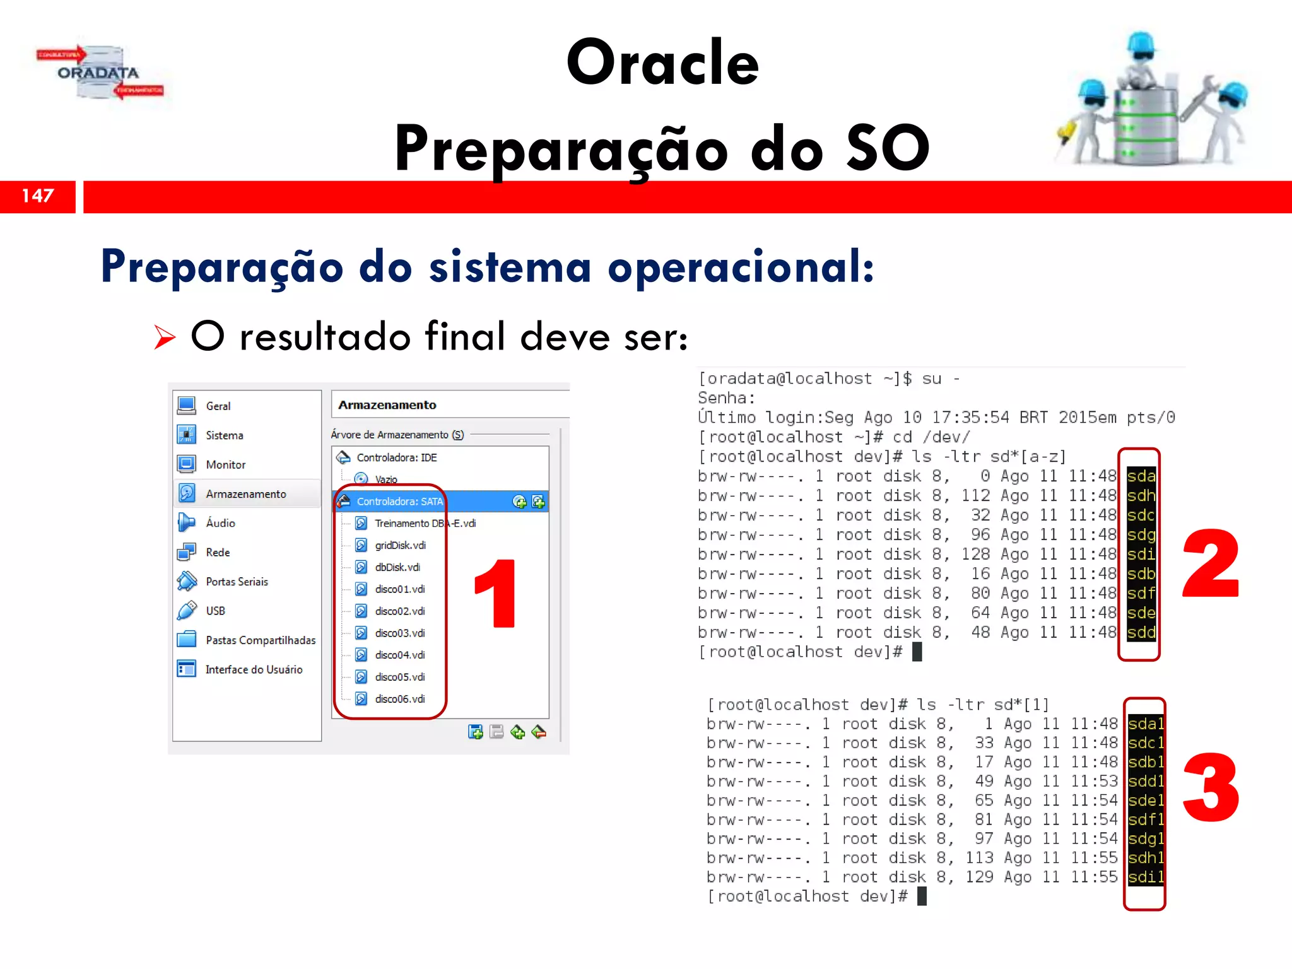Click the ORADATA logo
click(100, 73)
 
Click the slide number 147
click(38, 196)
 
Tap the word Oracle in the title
click(662, 62)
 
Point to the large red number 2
click(1210, 563)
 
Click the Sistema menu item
click(224, 435)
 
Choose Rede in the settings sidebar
click(218, 553)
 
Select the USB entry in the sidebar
click(215, 611)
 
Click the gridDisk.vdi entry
click(400, 545)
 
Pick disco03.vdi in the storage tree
click(400, 633)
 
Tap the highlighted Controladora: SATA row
click(399, 502)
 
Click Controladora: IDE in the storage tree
click(396, 457)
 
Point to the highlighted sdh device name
click(1141, 496)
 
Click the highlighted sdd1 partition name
click(1146, 781)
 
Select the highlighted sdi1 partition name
click(1146, 877)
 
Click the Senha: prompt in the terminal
click(726, 398)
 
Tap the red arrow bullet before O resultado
click(165, 337)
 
